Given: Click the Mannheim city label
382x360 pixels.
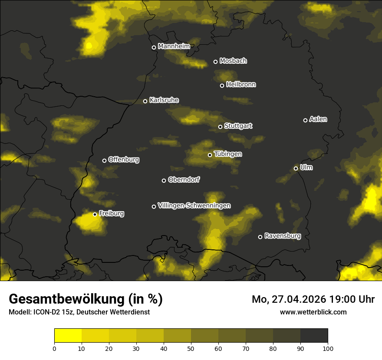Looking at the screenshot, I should pos(174,46).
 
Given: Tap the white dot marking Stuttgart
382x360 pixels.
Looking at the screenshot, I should pos(220,127).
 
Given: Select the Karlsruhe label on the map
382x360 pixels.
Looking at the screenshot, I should pos(164,100).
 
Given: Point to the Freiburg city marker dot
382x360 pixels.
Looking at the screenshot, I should pos(95,214).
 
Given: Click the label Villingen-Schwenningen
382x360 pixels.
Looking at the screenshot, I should pos(194,206).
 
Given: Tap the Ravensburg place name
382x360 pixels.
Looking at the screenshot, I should pos(283,236).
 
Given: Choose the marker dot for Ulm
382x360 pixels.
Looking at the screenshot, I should pos(296,168).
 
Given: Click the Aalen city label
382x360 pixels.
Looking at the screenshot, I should pos(318,119).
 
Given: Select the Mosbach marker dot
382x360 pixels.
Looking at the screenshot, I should pos(215,62).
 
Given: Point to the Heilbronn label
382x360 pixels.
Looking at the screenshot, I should pos(241,85).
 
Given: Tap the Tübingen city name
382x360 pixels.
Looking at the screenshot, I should pos(228,154).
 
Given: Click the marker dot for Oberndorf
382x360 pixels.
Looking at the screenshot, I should pos(164,180).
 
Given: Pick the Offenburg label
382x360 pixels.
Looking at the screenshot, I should pos(124,160).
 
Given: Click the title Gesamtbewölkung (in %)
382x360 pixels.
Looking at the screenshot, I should pos(86,299).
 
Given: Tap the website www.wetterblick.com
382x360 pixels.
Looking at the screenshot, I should pos(313,312).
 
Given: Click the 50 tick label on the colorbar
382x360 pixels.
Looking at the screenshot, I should pos(191,348).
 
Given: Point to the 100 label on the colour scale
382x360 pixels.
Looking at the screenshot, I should pos(328,348).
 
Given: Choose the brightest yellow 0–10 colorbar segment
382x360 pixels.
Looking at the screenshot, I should pos(68,336).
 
